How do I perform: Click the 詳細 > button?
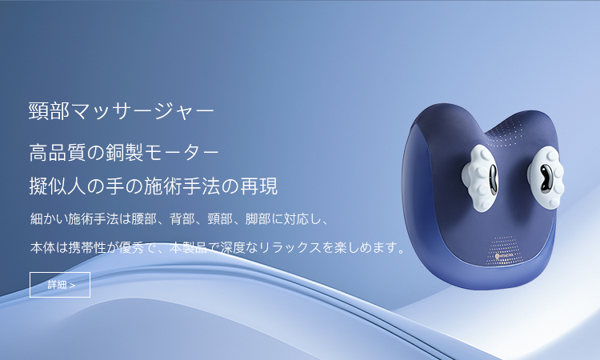coord(60,285)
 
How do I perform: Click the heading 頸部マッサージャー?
coord(122,111)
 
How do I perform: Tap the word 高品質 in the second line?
coord(58,152)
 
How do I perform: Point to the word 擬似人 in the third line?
coord(58,186)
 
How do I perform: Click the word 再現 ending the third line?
coord(258,186)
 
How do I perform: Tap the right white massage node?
coord(546,178)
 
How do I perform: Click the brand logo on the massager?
coord(506,255)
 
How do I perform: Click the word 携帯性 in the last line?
coord(87,247)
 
